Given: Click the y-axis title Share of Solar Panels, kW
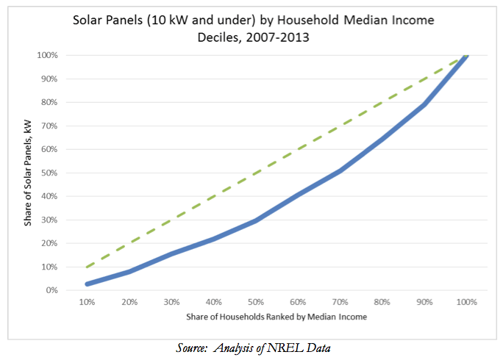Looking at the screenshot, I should point(29,173).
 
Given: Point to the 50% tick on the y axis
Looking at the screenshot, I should point(49,173).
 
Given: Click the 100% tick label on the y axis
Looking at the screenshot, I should point(48,55).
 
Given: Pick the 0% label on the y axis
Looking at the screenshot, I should point(51,290).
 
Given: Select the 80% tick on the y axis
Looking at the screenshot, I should point(49,102).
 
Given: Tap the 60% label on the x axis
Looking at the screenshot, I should point(299,302).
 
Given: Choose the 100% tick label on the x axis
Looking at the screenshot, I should point(465,302).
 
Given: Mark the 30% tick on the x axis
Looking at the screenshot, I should point(172,302).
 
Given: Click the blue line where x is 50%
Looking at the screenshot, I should point(256,220).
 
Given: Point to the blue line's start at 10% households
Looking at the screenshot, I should point(88,284).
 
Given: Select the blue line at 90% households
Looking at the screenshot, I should point(424,105).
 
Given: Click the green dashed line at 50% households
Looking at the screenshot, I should point(256,173).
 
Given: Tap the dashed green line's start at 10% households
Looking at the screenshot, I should point(88,267).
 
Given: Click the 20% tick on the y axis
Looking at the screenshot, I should point(49,243).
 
